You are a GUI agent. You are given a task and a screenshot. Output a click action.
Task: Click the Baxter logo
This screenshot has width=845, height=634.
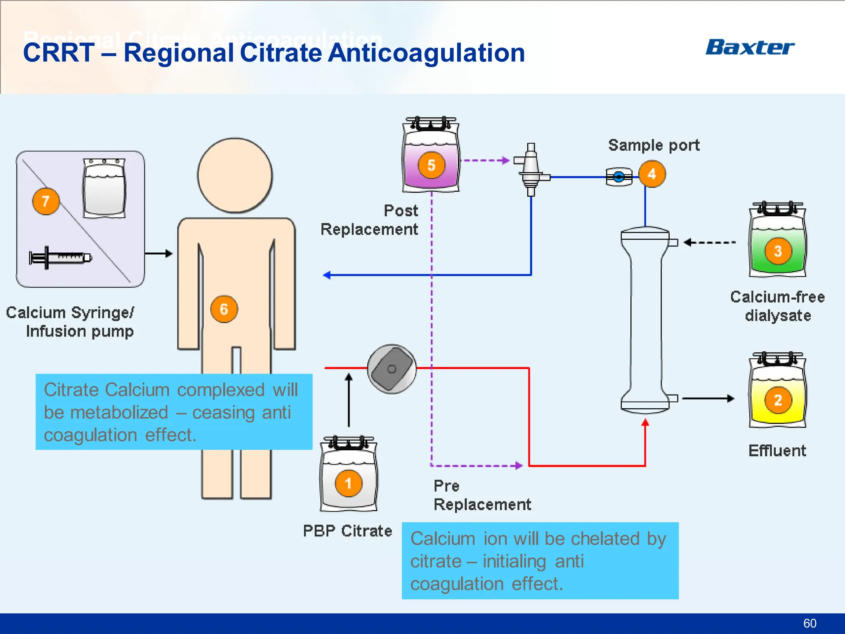pos(750,47)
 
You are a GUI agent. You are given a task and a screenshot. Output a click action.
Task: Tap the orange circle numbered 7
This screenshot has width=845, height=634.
pos(46,201)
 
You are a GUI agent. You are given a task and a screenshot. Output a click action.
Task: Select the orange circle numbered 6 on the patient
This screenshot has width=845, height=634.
pos(224,309)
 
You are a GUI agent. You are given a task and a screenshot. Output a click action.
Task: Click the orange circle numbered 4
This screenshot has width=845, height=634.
pos(652,174)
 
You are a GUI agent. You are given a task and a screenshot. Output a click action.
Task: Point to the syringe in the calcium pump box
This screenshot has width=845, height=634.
pos(60,258)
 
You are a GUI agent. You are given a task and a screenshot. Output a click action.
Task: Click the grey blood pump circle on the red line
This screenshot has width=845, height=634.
pos(392,369)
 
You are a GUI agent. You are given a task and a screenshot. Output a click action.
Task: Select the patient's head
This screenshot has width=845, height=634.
pos(235,175)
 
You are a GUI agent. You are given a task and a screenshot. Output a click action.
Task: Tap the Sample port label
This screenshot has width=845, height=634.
pos(654,145)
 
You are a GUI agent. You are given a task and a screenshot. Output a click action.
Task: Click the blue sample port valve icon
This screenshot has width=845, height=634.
pos(618,177)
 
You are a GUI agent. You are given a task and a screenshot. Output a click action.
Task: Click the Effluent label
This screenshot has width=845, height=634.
pos(777,451)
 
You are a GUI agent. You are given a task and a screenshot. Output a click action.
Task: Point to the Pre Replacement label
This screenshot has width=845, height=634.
pos(482,495)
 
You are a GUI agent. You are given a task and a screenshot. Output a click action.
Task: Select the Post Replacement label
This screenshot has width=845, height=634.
pos(370,220)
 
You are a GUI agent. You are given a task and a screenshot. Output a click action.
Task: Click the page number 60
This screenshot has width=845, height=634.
pos(810,623)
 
